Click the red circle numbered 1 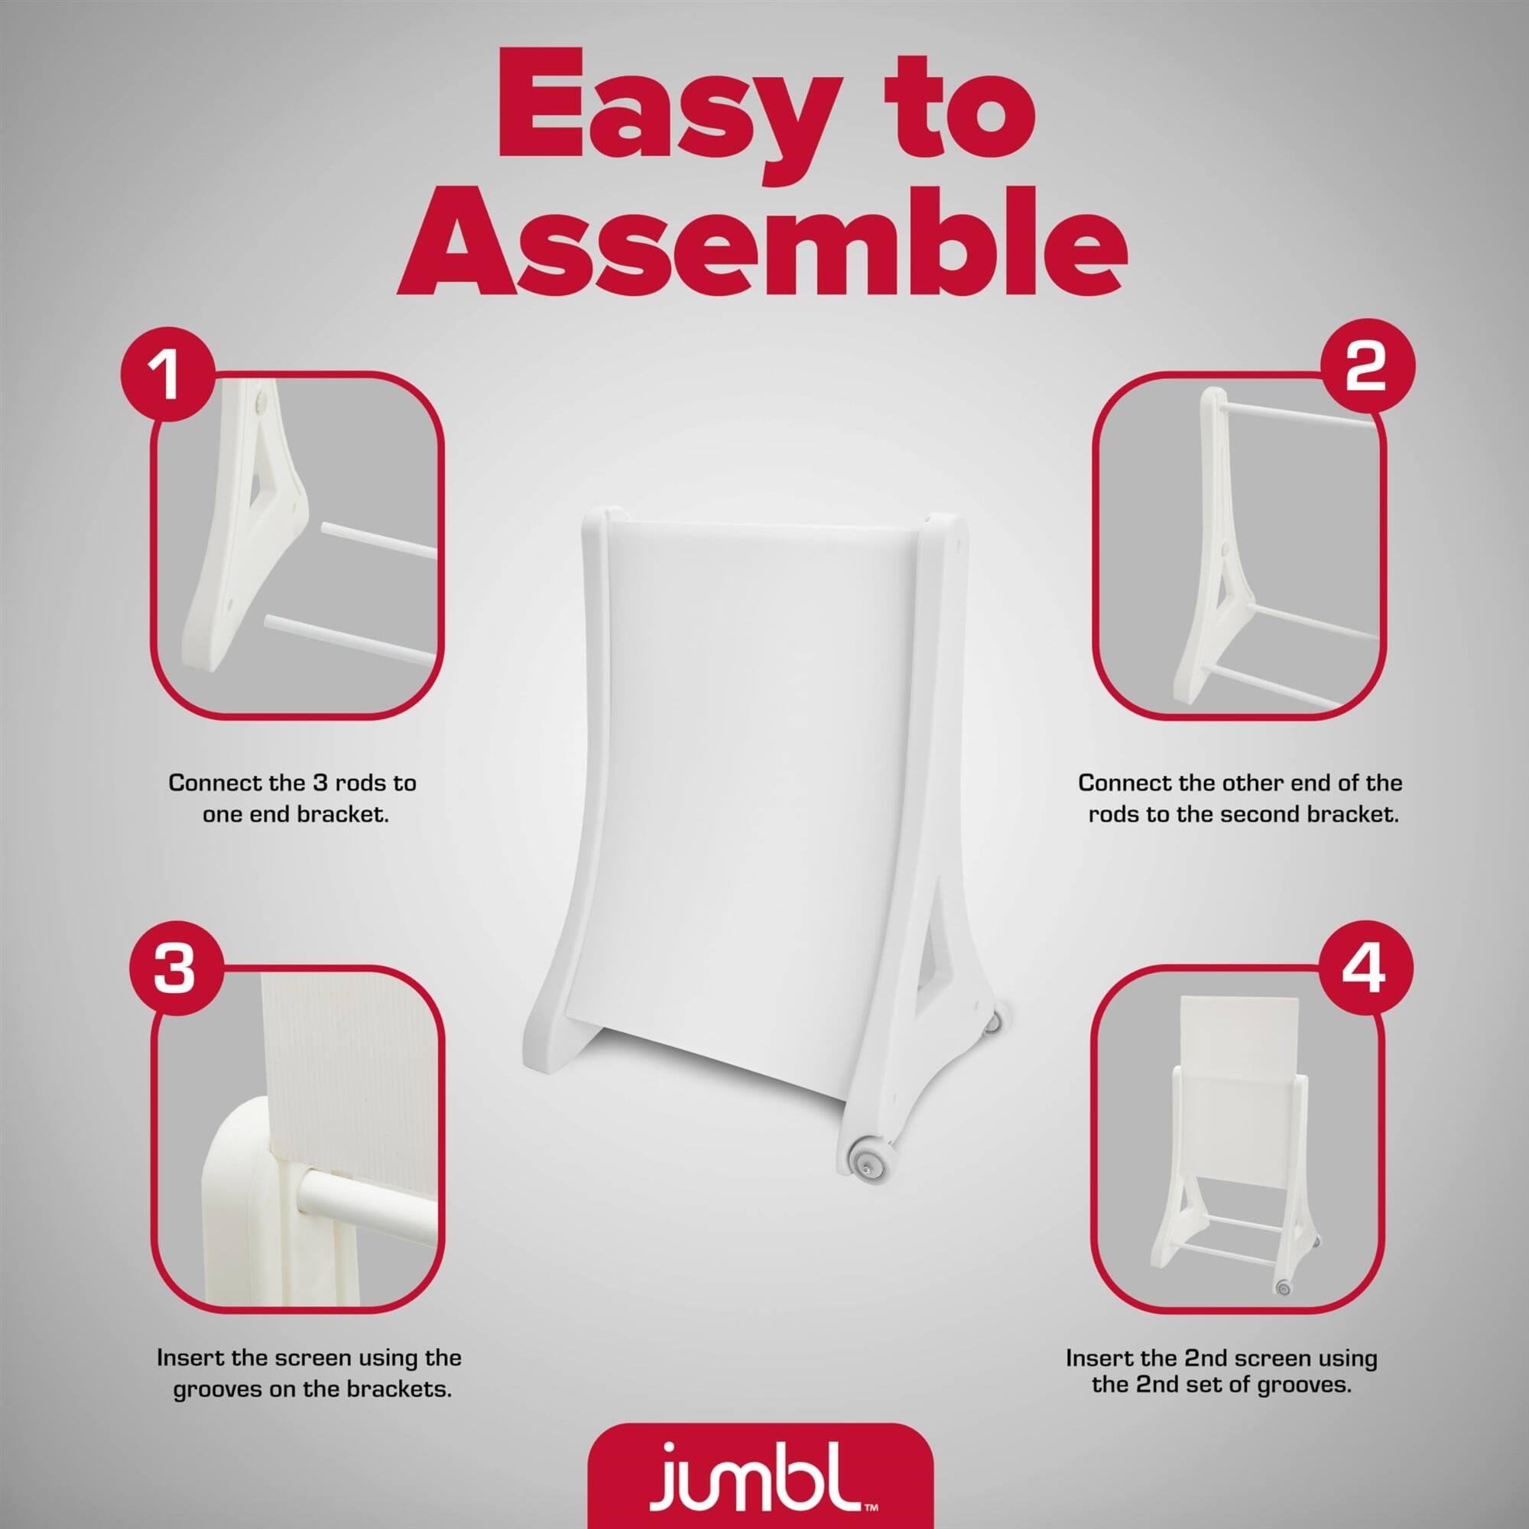[x=167, y=377]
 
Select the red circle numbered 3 [x=174, y=969]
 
